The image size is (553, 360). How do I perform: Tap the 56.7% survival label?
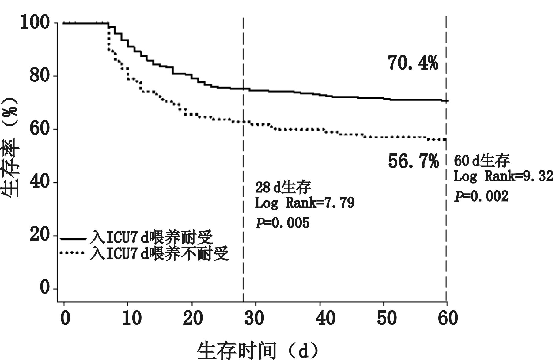[413, 161]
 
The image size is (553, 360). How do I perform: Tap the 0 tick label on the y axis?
[45, 288]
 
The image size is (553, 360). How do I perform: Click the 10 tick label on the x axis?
[131, 318]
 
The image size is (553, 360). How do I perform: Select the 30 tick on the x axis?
[255, 318]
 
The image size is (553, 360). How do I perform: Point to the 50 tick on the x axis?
[387, 318]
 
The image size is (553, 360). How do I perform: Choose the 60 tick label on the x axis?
[448, 318]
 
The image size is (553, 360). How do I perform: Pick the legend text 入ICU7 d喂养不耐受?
[159, 253]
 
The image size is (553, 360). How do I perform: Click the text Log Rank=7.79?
[305, 203]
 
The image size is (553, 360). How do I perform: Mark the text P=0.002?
[481, 196]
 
